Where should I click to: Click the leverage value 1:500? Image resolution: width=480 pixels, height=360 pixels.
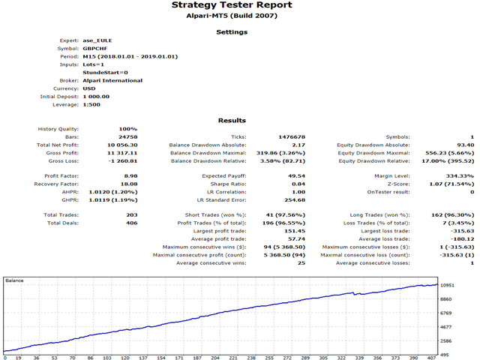click(92, 104)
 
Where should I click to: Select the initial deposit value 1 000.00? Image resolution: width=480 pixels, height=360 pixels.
click(96, 96)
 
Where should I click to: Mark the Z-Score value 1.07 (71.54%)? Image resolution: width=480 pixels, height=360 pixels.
click(449, 184)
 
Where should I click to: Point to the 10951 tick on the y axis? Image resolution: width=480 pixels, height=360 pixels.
click(449, 286)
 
